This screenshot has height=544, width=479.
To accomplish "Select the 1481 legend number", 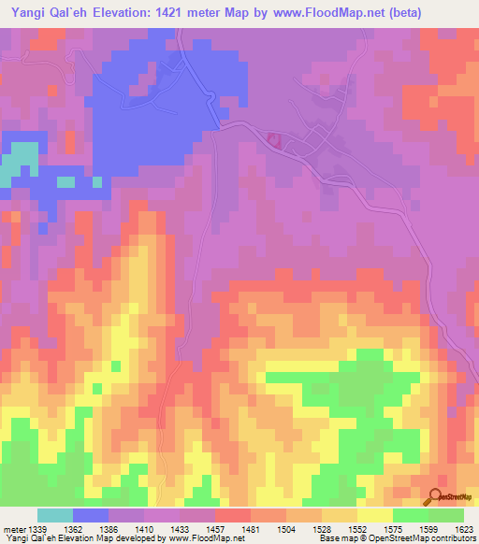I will click(251, 530).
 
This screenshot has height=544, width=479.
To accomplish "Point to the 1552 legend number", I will click(356, 530).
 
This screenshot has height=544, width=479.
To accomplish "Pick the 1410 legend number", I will click(143, 530).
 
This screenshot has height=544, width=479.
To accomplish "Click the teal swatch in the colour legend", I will click(55, 515).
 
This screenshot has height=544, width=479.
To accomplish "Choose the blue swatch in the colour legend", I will click(91, 515).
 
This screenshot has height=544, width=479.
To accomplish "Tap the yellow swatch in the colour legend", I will click(374, 515).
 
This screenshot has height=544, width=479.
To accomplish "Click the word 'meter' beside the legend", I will click(11, 530).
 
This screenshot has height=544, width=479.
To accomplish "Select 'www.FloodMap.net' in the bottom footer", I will click(198, 538).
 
